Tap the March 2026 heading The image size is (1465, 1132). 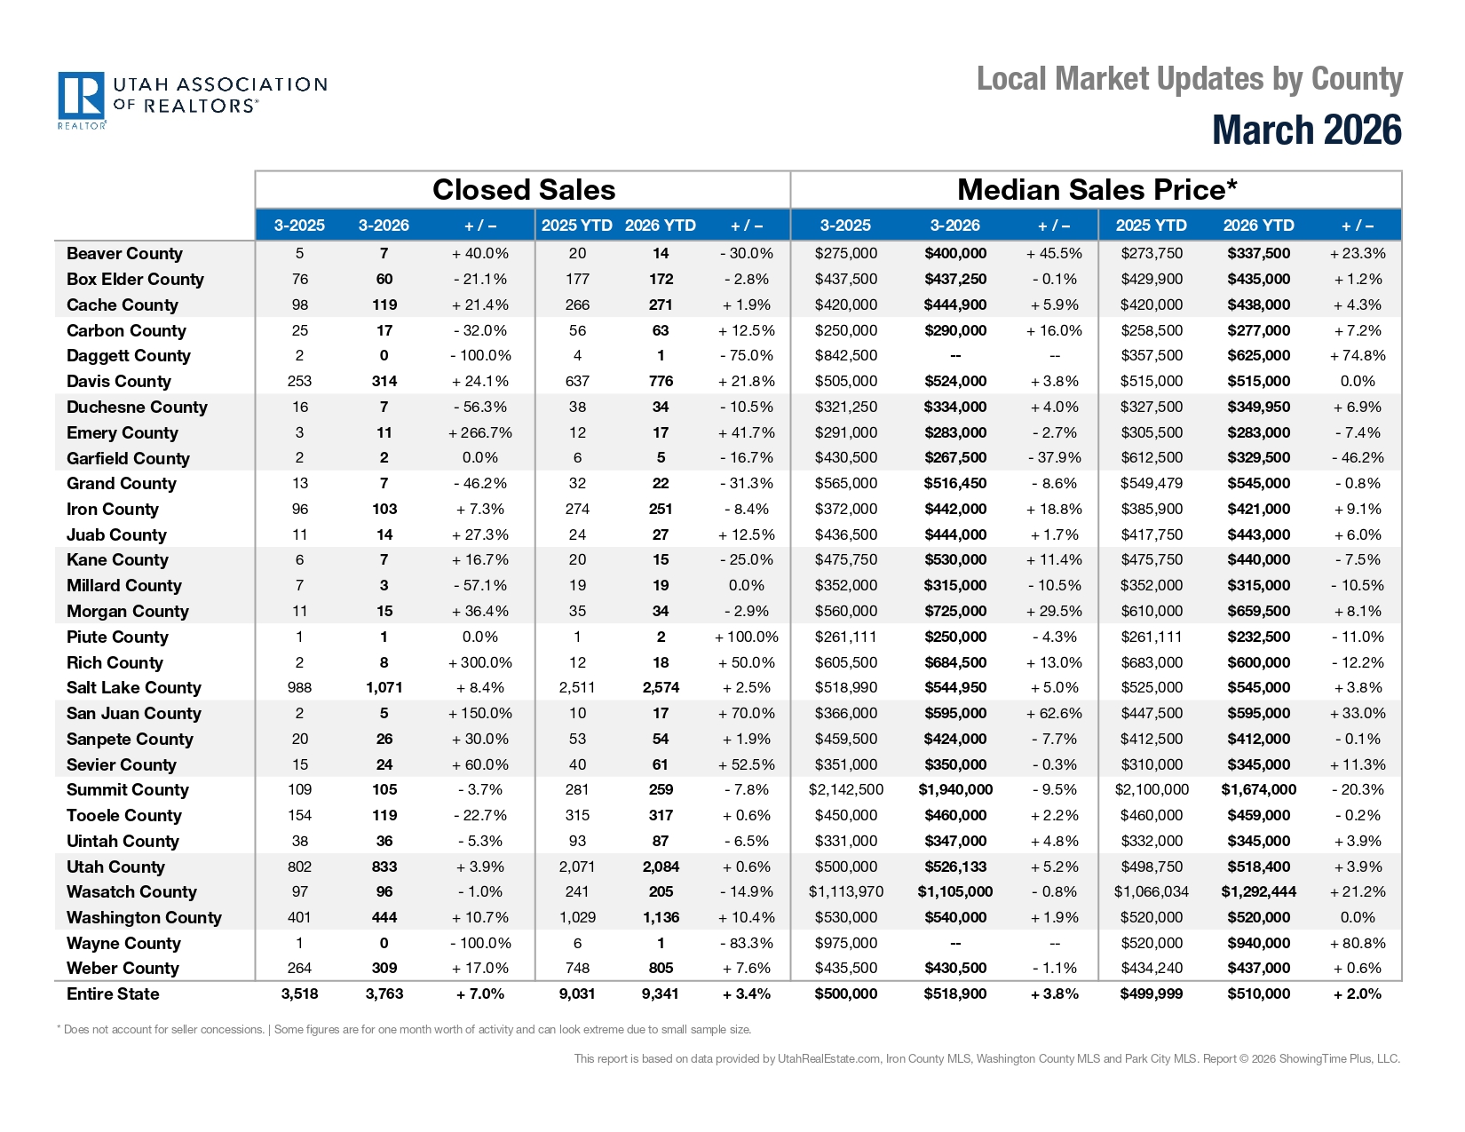[1306, 131]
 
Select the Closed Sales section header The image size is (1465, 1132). [523, 190]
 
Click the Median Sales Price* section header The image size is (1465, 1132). [1097, 190]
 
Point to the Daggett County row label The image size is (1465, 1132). [129, 356]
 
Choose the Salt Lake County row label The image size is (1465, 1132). [134, 688]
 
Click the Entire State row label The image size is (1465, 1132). [113, 994]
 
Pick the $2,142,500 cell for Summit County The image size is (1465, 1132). [845, 790]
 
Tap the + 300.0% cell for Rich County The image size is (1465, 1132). [480, 663]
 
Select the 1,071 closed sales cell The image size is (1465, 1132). [384, 688]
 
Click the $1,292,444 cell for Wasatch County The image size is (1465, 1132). [1258, 892]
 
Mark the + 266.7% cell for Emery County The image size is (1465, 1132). [480, 433]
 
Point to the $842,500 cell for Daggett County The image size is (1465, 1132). [845, 356]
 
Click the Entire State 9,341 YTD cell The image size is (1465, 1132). [660, 994]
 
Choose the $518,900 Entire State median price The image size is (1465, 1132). [954, 994]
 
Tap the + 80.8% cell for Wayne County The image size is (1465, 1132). [1357, 944]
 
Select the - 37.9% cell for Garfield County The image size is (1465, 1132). [1054, 458]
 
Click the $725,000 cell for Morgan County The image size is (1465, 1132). [954, 612]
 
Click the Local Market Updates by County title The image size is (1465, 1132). [1189, 79]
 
